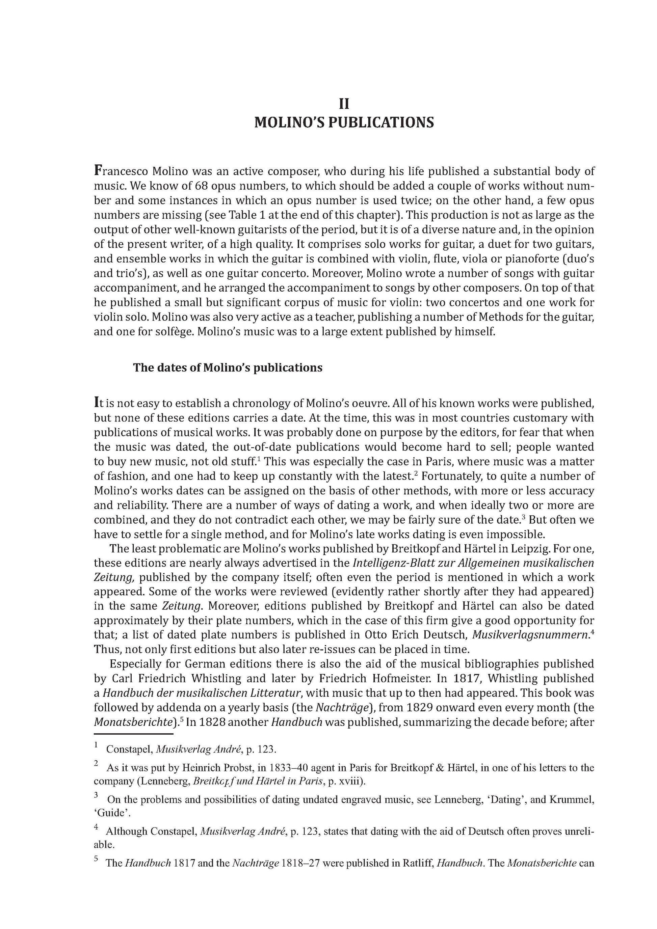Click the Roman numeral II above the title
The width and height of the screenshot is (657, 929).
(x=344, y=104)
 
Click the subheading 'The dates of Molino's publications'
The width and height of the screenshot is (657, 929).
(x=228, y=367)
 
